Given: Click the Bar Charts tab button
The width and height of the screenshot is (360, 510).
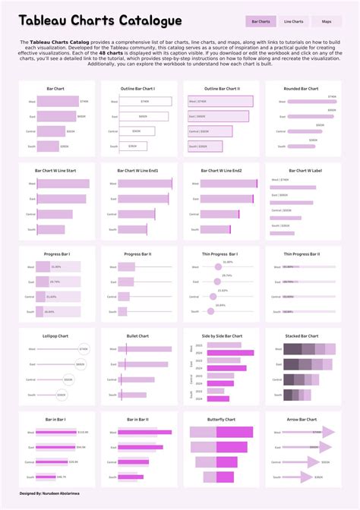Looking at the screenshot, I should [x=261, y=22].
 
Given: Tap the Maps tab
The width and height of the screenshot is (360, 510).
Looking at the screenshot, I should [x=327, y=22].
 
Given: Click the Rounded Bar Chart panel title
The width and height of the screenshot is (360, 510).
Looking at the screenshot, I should [x=301, y=89].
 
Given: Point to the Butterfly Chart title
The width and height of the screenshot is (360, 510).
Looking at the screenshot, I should [x=221, y=419].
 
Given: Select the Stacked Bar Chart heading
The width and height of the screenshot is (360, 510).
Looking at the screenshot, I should [x=301, y=335].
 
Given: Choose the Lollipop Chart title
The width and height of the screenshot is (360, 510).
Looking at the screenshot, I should [x=56, y=335].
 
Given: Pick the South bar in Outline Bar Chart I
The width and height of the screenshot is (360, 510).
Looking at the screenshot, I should [x=129, y=146].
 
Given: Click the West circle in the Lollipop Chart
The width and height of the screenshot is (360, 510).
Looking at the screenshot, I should [x=84, y=349].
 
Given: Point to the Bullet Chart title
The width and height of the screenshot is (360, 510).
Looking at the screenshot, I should [x=137, y=335].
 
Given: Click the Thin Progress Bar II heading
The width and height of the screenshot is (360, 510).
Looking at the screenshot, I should [x=301, y=253].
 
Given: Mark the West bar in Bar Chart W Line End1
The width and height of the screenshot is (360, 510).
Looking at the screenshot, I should [x=145, y=184].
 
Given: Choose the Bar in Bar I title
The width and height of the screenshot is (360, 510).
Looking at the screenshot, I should [x=56, y=419].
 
